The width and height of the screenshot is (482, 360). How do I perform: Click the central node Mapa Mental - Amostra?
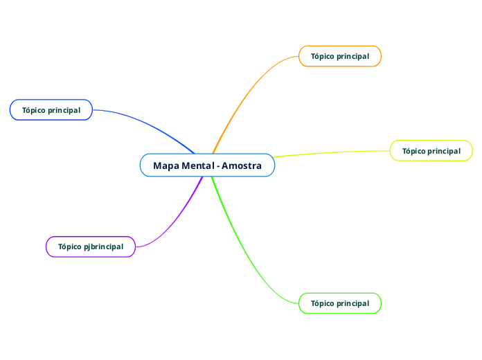coord(207,165)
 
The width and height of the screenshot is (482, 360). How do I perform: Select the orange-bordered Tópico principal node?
coord(340,56)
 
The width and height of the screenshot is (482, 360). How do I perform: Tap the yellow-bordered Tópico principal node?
coord(431,151)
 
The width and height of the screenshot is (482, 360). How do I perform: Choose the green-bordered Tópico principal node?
coord(340,303)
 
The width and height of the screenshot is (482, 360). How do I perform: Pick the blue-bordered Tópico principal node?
coord(51,110)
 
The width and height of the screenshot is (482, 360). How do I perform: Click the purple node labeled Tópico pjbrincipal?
coord(91,246)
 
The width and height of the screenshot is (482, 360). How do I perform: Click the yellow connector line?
coord(332,152)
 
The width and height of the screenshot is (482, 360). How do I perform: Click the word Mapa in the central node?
coord(166,165)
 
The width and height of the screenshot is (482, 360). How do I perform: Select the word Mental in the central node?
coord(197,165)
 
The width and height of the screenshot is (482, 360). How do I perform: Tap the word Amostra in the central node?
coord(242,165)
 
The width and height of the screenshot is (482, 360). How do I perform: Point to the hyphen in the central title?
coord(218,166)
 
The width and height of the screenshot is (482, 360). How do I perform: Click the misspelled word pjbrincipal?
coord(103,246)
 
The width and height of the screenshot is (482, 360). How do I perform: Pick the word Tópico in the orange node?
coord(322,56)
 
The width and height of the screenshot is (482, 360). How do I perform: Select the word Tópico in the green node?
coord(322,303)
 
